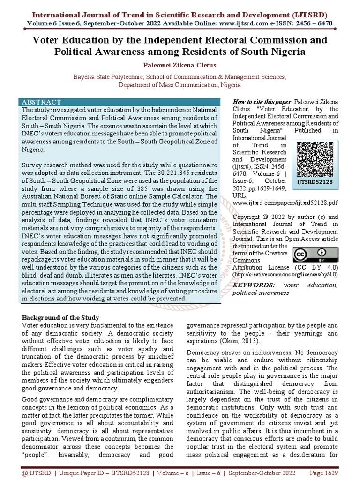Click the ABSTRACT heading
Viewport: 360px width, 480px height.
(x=42, y=102)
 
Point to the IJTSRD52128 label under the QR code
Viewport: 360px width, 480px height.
(x=315, y=182)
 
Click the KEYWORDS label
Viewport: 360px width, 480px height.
(x=254, y=285)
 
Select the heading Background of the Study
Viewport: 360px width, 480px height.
(x=60, y=318)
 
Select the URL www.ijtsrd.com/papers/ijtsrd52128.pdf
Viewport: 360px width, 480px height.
(x=285, y=203)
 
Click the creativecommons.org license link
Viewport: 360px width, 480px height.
(x=285, y=274)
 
